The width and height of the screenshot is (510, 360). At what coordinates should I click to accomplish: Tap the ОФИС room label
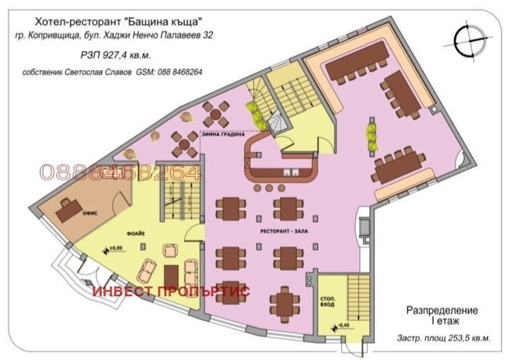89,200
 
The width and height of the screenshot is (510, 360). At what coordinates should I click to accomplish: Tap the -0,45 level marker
344,325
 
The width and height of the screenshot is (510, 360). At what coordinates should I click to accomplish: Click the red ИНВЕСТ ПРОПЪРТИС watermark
170,291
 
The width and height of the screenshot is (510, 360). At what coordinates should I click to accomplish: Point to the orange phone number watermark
121,173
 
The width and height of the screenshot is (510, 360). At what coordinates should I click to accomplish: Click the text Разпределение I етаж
442,315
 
